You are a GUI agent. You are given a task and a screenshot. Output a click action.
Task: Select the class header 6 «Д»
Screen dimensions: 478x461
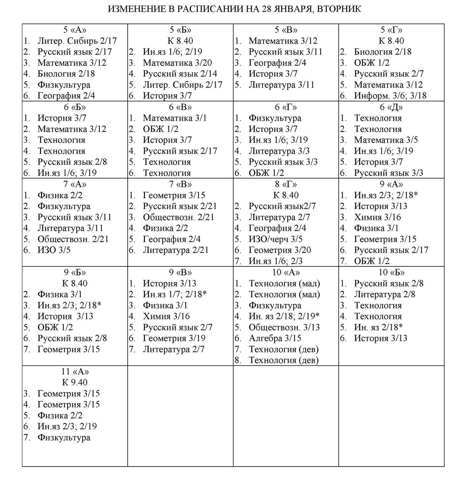tap(391, 107)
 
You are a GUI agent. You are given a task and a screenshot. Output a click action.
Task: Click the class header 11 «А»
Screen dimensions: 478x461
tap(75, 372)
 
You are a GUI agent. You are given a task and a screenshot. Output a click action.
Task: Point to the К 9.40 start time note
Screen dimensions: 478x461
tap(75, 382)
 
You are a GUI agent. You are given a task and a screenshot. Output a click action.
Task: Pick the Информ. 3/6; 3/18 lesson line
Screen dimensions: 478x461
tap(390, 96)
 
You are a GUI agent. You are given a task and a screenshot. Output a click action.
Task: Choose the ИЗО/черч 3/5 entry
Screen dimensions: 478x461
tap(275, 239)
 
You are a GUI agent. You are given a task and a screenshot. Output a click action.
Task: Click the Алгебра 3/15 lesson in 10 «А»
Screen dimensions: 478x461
tap(275, 338)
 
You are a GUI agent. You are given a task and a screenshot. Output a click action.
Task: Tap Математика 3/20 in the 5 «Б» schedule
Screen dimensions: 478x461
tap(177, 63)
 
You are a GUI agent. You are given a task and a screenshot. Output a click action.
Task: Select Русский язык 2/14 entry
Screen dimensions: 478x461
tap(180, 74)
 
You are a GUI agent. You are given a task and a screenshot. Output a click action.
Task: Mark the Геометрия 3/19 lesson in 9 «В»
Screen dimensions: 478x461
tap(174, 338)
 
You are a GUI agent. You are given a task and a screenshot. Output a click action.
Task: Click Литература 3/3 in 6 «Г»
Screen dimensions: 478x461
tap(279, 151)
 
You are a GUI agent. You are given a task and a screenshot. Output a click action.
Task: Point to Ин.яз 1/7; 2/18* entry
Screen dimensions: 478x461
tap(175, 294)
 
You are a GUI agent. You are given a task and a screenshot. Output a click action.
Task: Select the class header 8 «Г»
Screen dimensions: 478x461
tap(286, 184)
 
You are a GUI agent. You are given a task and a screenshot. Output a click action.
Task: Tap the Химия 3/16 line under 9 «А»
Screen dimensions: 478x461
tap(377, 217)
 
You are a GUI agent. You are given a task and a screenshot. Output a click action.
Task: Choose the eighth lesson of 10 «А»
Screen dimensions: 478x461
tap(283, 360)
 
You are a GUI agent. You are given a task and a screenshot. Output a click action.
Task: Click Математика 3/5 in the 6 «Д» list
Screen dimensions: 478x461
tap(386, 140)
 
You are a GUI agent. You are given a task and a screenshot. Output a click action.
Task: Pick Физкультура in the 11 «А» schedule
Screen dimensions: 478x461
tap(64, 438)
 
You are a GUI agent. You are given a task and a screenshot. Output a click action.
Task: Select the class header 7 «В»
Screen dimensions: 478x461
tap(181, 184)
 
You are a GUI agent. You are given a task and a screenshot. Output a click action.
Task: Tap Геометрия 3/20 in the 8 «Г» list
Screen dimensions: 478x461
tap(280, 250)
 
